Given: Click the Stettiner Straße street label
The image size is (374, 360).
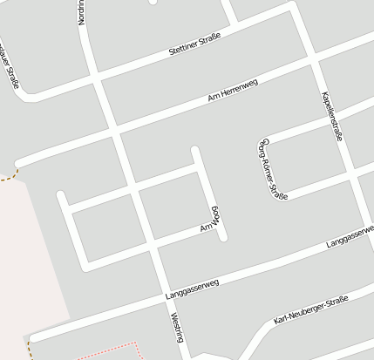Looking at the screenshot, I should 194,45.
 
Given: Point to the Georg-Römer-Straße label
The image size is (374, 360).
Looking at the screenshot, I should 274,169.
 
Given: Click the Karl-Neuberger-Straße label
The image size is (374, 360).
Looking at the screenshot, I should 309,309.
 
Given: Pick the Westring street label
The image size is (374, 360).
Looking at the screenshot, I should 176,327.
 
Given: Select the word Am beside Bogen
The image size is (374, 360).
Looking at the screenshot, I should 206,228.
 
